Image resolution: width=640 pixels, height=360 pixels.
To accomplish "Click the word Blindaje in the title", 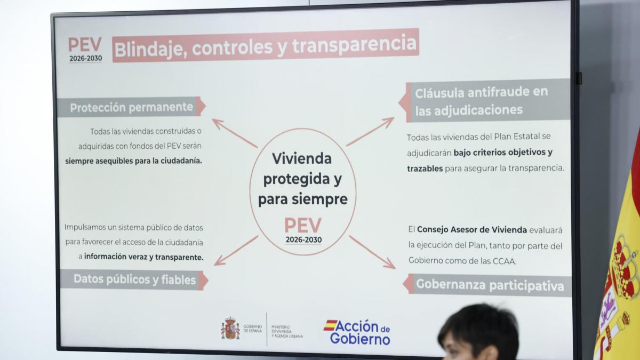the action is pos(150,49).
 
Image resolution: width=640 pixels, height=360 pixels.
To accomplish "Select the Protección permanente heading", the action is pos(131,107).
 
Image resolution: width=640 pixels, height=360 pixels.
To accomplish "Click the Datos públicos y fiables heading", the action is pos(134,279).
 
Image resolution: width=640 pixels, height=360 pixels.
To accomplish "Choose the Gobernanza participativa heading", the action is pos(490,285).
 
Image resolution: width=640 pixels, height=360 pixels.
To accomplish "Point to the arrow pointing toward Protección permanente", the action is pos(235,133).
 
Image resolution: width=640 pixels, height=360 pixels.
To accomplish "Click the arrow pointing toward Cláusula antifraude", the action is pos(370,131).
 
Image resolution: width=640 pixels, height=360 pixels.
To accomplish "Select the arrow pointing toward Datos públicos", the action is pos(236,251).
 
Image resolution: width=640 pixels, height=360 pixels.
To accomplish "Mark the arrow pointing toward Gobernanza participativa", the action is pos(372,252).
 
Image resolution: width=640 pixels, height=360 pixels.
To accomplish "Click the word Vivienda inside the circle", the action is pos(302,158).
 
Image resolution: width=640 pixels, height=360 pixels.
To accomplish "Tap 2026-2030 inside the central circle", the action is pos(303,239).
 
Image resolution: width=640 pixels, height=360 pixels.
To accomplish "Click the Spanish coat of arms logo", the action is pos(230,328).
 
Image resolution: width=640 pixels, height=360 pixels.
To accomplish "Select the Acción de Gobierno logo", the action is pos(357,332).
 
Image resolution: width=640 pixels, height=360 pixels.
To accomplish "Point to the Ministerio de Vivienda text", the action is pos(287,331).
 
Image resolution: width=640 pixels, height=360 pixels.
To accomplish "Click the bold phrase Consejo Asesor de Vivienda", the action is pos(471,230).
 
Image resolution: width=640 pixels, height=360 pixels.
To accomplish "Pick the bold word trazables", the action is pos(425,169).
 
